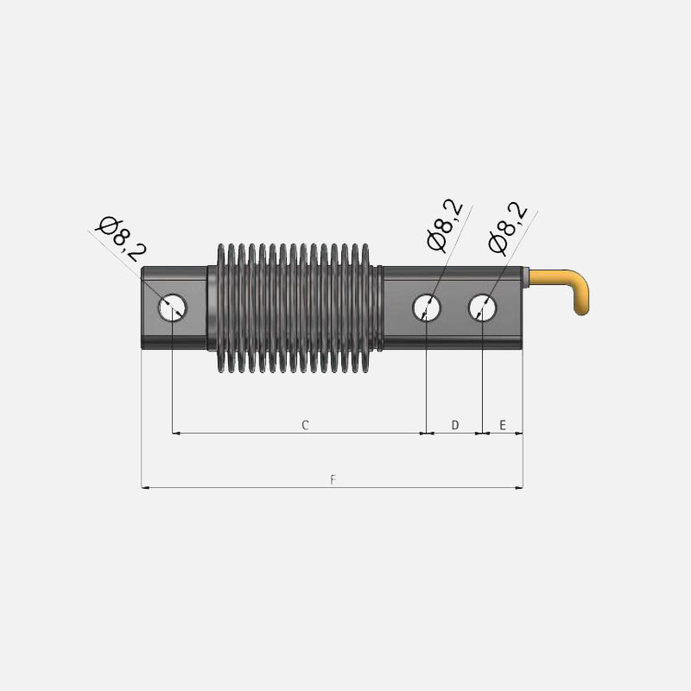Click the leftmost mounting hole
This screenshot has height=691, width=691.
click(x=173, y=307)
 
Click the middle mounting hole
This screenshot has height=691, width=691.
click(x=427, y=307)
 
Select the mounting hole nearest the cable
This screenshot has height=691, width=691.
click(x=482, y=307)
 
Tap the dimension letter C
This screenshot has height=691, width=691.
click(x=305, y=425)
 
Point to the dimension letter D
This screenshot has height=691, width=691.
click(x=455, y=425)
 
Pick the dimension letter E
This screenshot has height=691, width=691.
click(x=503, y=425)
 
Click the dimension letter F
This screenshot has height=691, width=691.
click(x=333, y=479)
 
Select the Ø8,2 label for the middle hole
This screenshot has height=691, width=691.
click(x=446, y=225)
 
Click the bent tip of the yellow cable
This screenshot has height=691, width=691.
click(x=583, y=307)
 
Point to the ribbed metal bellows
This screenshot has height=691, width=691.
click(x=294, y=307)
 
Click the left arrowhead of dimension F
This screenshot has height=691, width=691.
click(x=145, y=488)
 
